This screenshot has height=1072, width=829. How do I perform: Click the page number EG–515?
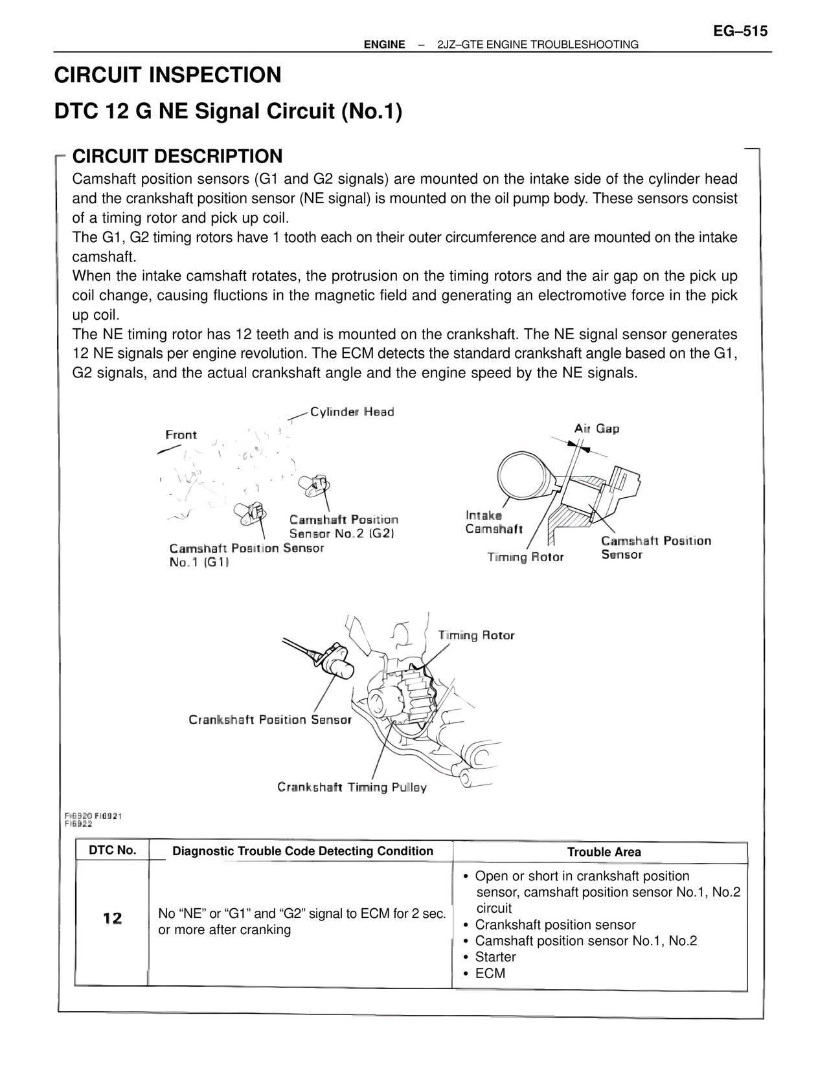tap(740, 30)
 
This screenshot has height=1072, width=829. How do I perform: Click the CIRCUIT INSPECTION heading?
tap(168, 75)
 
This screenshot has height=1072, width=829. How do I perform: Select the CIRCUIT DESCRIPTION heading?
tap(177, 156)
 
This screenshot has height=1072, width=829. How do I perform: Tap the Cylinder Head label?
tap(352, 412)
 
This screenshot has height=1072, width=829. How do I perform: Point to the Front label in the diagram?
tap(181, 434)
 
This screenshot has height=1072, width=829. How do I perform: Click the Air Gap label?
tap(596, 429)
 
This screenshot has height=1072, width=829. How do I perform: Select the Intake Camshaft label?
tap(494, 522)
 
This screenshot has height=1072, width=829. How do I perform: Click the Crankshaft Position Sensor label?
tap(270, 720)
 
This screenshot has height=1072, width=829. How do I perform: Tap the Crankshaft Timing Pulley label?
tap(352, 787)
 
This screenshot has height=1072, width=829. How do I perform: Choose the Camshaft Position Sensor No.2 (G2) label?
tap(343, 526)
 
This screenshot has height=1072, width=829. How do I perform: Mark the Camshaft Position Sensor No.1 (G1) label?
tap(246, 555)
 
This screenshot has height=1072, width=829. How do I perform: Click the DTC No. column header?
tap(113, 850)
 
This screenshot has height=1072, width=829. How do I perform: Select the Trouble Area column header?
tap(604, 852)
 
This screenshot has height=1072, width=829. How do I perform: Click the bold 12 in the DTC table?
tap(112, 918)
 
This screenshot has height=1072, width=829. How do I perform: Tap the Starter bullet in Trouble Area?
tap(495, 957)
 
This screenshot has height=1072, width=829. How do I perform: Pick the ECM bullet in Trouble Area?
tap(490, 973)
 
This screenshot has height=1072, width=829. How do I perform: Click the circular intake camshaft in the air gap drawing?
tap(524, 474)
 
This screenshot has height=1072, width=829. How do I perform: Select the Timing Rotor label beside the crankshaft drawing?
tap(476, 635)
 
